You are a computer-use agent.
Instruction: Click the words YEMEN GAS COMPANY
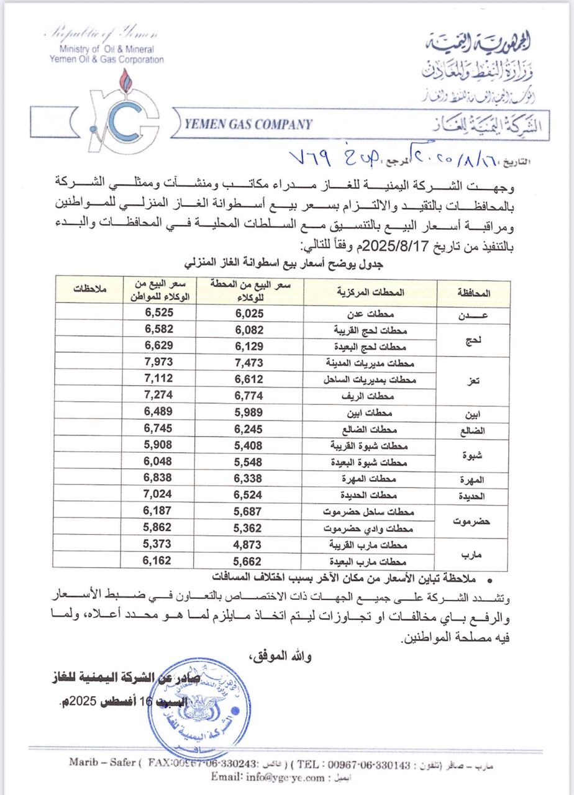(x=249, y=124)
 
